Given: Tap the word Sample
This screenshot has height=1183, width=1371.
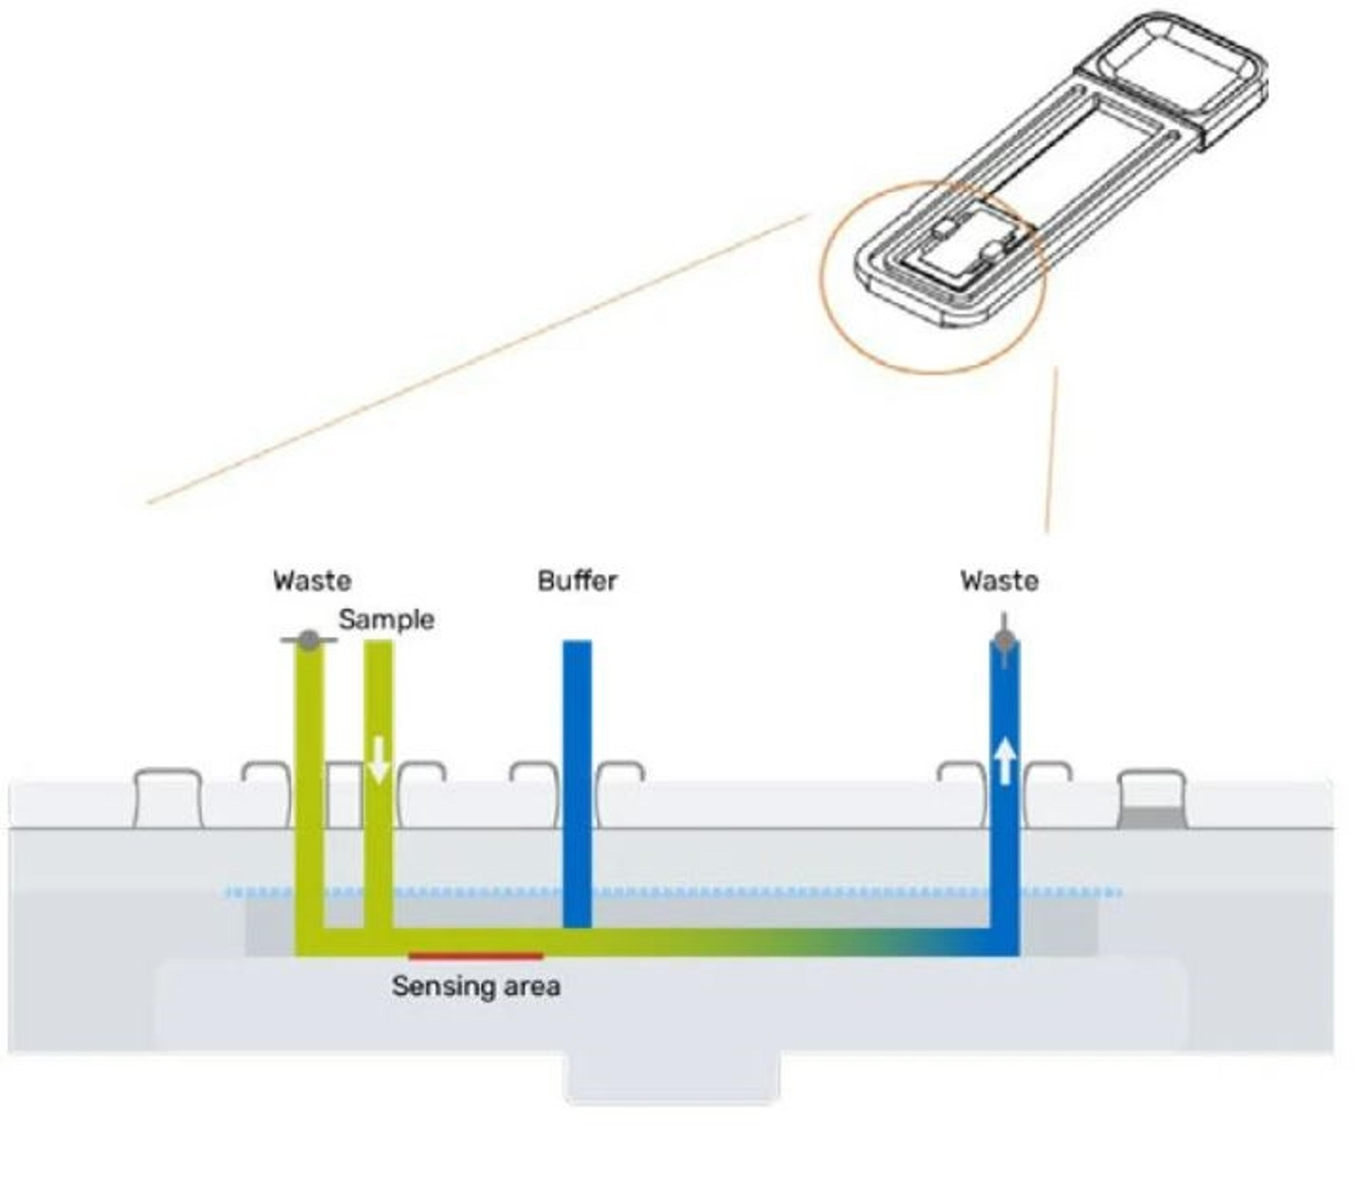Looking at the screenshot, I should pos(386,620).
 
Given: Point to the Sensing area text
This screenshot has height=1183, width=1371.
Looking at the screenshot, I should pos(476,987).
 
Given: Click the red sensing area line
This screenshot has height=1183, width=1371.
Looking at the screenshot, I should pos(476,956).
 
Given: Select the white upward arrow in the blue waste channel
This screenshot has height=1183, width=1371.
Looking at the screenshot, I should pos(1005,761).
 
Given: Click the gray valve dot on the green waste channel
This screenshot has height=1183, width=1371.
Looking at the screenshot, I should pos(309,640).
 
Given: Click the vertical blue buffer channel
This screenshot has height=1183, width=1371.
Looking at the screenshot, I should pos(577,781).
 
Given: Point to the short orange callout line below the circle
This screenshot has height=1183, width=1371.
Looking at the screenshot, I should pos(1051,450).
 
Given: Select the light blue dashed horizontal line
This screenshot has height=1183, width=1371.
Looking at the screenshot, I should pos(728,893).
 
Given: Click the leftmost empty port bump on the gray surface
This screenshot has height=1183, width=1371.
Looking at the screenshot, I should pos(168,797).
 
